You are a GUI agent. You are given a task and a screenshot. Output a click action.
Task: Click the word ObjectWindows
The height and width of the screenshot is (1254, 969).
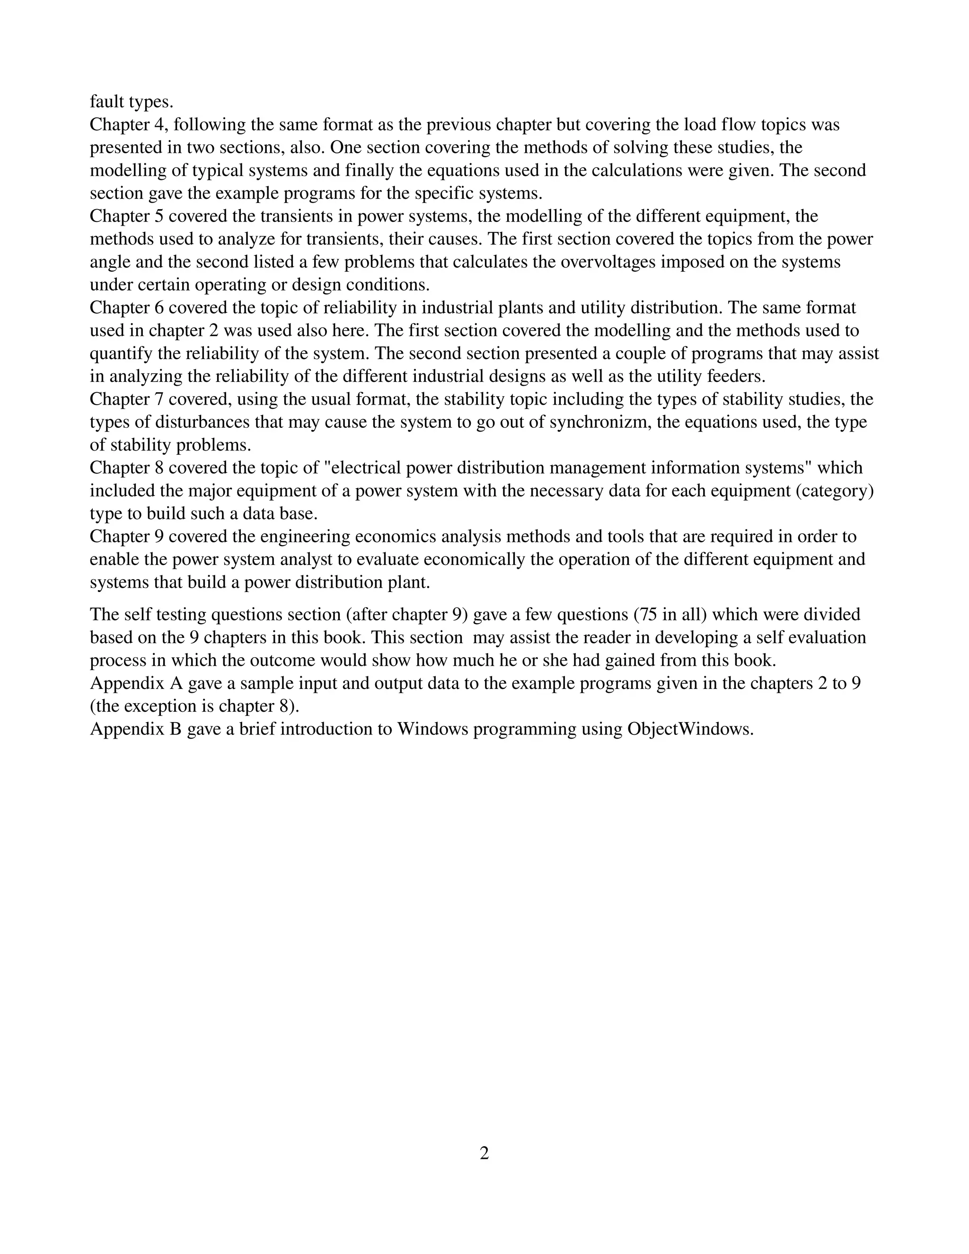(x=689, y=729)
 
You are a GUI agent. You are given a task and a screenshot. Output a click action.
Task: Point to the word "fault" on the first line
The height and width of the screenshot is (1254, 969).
(x=107, y=102)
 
